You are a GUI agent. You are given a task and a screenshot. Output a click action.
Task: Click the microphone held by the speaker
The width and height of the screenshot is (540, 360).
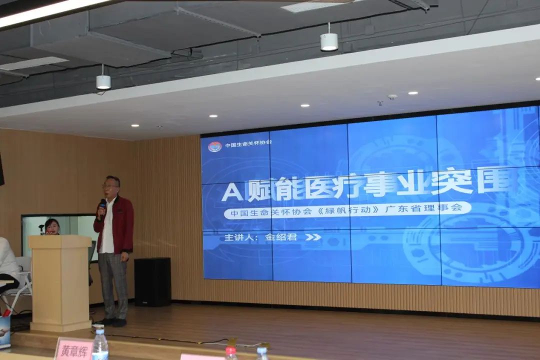pyautogui.click(x=102, y=204)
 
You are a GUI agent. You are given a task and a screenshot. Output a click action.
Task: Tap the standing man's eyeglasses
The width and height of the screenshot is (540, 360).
pyautogui.click(x=109, y=186)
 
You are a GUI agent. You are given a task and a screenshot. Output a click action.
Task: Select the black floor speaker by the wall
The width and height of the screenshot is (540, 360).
pyautogui.click(x=152, y=282)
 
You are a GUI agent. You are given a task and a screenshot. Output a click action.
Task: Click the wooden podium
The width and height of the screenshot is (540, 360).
pyautogui.click(x=60, y=282)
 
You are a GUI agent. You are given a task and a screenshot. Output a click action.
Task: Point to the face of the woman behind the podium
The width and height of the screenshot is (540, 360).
pyautogui.click(x=51, y=226)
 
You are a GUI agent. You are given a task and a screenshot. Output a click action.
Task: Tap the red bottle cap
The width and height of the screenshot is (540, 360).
pyautogui.click(x=230, y=350)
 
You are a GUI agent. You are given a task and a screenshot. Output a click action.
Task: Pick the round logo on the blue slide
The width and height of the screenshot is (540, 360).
pyautogui.click(x=214, y=146)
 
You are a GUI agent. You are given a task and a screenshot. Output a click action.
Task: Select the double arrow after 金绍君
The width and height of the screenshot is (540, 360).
pyautogui.click(x=313, y=237)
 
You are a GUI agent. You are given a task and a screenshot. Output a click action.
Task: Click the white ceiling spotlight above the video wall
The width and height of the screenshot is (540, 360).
pyautogui.click(x=328, y=42)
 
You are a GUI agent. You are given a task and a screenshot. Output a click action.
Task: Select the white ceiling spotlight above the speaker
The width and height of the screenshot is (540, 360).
pyautogui.click(x=103, y=81)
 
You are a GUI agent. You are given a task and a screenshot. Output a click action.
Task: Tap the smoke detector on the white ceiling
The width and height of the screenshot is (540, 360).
pyautogui.click(x=392, y=96)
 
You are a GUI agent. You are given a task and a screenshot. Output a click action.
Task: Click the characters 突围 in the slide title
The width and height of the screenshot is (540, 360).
pyautogui.click(x=470, y=182)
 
